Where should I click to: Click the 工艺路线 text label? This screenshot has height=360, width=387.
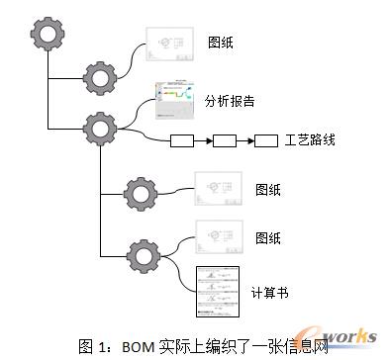(x=310, y=140)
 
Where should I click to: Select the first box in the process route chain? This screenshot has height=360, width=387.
(x=183, y=140)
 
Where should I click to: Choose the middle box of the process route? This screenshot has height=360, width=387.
(x=225, y=140)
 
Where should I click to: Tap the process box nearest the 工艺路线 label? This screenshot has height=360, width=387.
(x=266, y=140)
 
